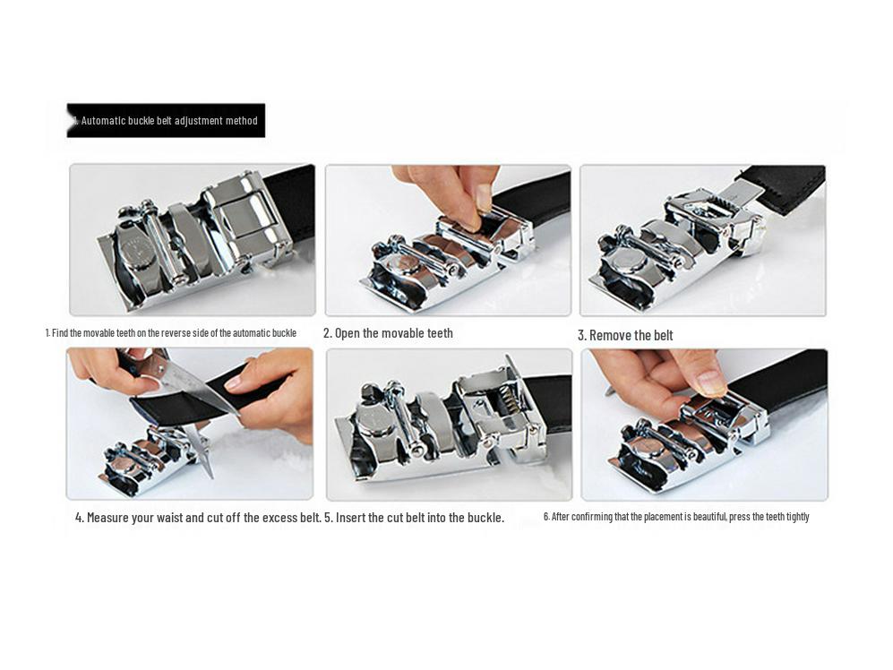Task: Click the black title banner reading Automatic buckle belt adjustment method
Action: click(x=166, y=120)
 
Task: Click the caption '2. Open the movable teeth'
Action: click(x=388, y=333)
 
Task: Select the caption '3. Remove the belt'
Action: click(x=625, y=336)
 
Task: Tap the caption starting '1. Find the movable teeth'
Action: click(x=171, y=332)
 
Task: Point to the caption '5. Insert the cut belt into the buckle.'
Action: click(x=414, y=518)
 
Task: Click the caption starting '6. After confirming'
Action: click(x=676, y=517)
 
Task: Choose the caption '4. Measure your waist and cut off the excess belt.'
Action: click(x=198, y=518)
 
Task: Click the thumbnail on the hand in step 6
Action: click(x=711, y=382)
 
